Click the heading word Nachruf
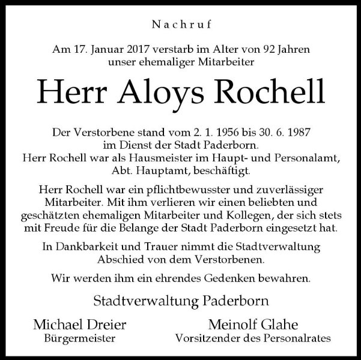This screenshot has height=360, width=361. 180,26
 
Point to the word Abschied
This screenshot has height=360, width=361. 118,259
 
